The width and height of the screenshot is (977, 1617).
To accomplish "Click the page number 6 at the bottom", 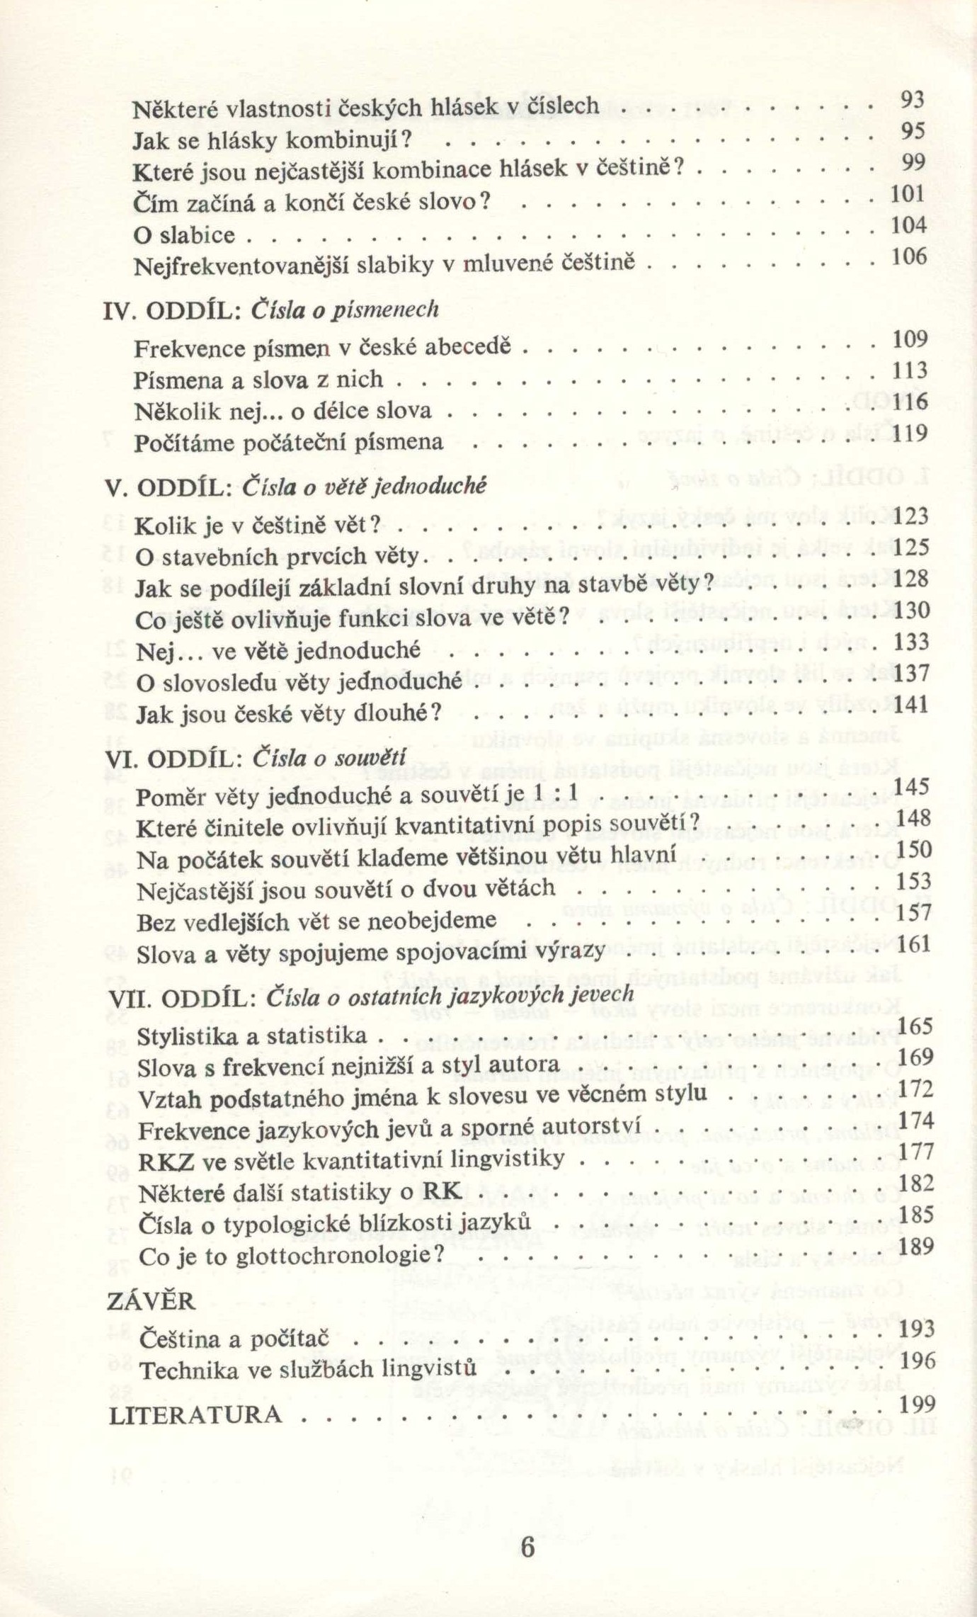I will coord(527,1546).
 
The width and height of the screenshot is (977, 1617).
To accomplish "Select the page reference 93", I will coord(913,100).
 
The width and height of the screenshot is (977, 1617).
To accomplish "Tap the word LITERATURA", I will coord(195,1416).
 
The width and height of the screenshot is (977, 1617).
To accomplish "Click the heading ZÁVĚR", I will coord(151,1300).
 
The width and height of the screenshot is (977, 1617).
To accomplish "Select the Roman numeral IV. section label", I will coord(117,310).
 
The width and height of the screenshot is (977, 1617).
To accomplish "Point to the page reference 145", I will coord(913,785).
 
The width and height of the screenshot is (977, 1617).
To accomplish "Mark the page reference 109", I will coord(910,339).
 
